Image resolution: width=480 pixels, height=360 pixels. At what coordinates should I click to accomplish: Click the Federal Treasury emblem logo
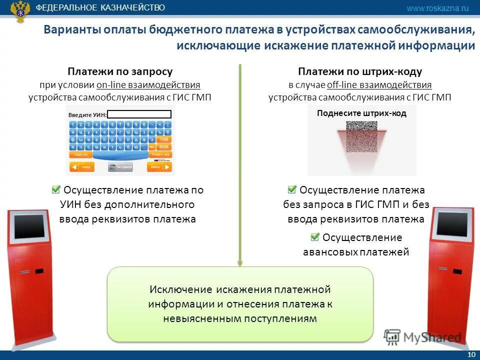point(20,11)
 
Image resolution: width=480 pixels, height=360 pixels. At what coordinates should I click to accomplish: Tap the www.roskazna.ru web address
point(437,8)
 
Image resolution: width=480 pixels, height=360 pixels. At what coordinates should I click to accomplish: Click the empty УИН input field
point(139,114)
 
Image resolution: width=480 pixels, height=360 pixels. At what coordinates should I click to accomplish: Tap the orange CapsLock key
point(80,155)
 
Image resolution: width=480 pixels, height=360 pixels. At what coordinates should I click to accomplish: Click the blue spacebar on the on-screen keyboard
point(120,155)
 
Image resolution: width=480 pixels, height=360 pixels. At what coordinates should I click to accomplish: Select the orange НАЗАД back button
point(82,167)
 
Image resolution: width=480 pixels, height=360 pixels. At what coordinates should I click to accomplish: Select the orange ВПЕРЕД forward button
point(159,167)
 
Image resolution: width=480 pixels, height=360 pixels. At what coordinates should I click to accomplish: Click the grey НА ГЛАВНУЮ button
point(120,167)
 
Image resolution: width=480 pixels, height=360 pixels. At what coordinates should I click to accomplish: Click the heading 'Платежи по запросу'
point(120,71)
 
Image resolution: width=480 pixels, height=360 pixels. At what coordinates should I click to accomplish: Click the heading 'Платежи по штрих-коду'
point(360,71)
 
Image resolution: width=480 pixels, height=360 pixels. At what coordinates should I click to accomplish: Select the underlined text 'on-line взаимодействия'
point(148,84)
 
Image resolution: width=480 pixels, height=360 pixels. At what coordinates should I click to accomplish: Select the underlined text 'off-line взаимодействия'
point(379,84)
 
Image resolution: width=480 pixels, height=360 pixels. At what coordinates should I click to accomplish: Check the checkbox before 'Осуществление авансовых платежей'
point(315,237)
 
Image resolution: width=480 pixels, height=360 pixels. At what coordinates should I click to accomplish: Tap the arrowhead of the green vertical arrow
point(240,262)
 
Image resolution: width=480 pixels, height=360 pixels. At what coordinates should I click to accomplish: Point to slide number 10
point(470,354)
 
